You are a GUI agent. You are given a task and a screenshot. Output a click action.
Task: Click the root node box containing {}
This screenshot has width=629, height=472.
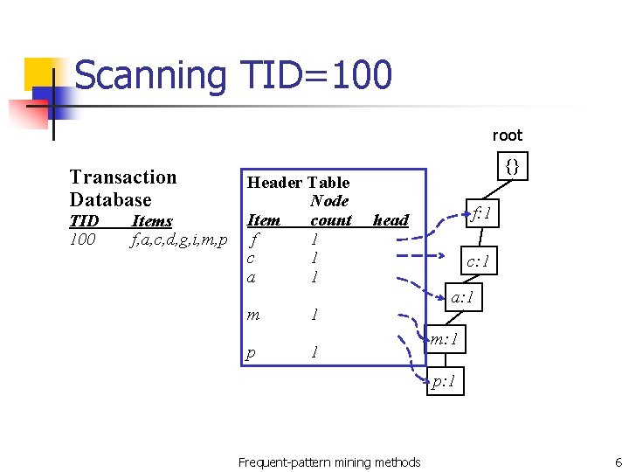[x=514, y=164]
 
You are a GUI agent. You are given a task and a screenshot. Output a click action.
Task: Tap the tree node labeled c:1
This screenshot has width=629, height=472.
[x=479, y=260]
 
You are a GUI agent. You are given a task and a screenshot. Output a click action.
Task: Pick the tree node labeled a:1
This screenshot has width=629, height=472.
[x=462, y=297]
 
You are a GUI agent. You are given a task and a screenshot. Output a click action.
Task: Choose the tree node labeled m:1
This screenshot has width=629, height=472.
[x=445, y=337]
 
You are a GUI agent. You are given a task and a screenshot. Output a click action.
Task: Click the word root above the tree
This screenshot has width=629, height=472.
[x=507, y=135]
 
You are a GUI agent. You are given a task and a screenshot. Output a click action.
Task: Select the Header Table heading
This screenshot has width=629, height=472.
[x=299, y=182]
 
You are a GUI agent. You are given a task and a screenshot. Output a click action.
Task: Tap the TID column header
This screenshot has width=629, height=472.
[x=84, y=220]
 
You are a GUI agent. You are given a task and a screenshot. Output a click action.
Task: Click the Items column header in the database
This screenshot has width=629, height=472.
[x=151, y=220]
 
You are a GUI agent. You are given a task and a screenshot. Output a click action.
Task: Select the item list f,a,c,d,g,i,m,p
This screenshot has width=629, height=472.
[x=178, y=239]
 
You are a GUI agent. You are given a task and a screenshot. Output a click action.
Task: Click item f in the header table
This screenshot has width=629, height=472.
[x=253, y=239]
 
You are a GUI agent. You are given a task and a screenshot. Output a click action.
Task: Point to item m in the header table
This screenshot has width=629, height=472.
[x=253, y=314]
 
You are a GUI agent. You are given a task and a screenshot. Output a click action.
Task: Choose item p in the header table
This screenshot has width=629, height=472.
[x=252, y=352]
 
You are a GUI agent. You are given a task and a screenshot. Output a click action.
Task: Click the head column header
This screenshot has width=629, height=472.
[x=391, y=220]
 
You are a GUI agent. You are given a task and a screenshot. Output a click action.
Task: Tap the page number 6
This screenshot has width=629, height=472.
[x=618, y=462]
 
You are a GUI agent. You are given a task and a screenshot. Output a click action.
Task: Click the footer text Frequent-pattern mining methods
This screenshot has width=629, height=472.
[x=329, y=462]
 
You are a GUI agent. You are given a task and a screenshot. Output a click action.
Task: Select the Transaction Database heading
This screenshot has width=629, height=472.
[x=123, y=188]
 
